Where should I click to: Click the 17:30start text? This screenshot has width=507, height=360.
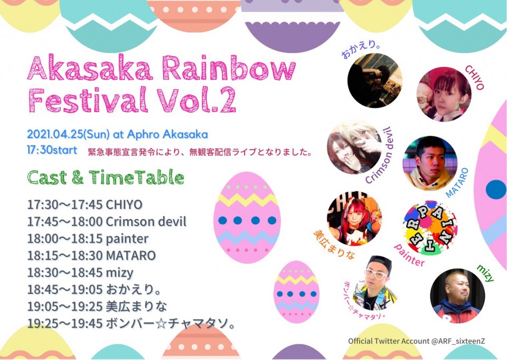52,150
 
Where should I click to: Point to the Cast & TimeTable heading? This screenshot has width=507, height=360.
106,178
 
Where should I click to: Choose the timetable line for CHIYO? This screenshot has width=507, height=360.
84,205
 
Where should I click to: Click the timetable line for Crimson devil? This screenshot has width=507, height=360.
107,222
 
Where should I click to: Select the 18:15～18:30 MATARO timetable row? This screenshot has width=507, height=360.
91,255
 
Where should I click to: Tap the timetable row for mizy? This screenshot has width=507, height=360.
80,273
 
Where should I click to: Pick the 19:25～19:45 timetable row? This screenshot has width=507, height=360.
131,323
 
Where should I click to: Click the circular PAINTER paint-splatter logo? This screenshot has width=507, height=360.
430,227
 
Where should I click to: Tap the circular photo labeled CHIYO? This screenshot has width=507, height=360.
444,94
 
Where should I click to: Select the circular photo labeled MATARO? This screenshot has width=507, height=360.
430,163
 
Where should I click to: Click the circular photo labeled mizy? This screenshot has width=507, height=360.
457,296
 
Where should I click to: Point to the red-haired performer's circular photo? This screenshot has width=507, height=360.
354,218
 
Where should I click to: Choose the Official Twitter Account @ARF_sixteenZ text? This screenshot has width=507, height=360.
417,341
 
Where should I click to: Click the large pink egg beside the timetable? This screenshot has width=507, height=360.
247,217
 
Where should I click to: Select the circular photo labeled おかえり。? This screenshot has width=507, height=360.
375,80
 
